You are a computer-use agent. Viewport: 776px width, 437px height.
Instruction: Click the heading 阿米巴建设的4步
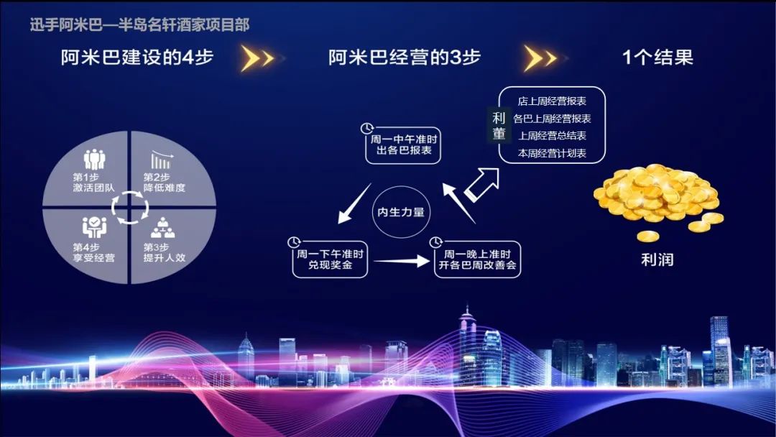(x=137, y=57)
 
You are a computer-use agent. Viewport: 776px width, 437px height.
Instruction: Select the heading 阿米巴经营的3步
(x=405, y=57)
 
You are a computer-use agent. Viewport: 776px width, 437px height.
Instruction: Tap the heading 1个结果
(x=657, y=57)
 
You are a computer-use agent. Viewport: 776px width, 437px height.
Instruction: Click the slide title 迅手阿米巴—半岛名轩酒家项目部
(x=139, y=24)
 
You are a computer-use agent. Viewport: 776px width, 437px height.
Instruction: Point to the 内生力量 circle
(x=401, y=212)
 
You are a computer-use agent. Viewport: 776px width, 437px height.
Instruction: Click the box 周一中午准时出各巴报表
(x=403, y=145)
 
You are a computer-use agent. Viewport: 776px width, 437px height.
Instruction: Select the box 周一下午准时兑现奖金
(x=330, y=259)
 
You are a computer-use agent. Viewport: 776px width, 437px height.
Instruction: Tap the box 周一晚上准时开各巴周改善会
(x=477, y=259)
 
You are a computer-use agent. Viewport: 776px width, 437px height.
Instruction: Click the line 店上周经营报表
(x=552, y=101)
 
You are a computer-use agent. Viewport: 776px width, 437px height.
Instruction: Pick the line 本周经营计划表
(x=552, y=153)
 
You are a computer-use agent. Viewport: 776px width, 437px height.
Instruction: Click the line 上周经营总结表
(x=552, y=136)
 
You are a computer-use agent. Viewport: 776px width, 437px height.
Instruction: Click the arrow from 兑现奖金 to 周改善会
(x=402, y=261)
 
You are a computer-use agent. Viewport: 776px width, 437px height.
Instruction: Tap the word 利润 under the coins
(x=657, y=259)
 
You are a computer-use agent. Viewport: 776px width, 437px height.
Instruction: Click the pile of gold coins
(x=658, y=198)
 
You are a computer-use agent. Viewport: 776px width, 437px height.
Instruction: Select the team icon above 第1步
(x=94, y=160)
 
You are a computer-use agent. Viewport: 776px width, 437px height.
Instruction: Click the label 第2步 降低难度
(x=165, y=183)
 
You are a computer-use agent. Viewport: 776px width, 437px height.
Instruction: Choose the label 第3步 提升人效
(x=165, y=252)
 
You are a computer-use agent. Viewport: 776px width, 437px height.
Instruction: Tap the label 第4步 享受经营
(x=93, y=252)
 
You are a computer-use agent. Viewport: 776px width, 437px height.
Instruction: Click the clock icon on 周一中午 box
(x=366, y=129)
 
